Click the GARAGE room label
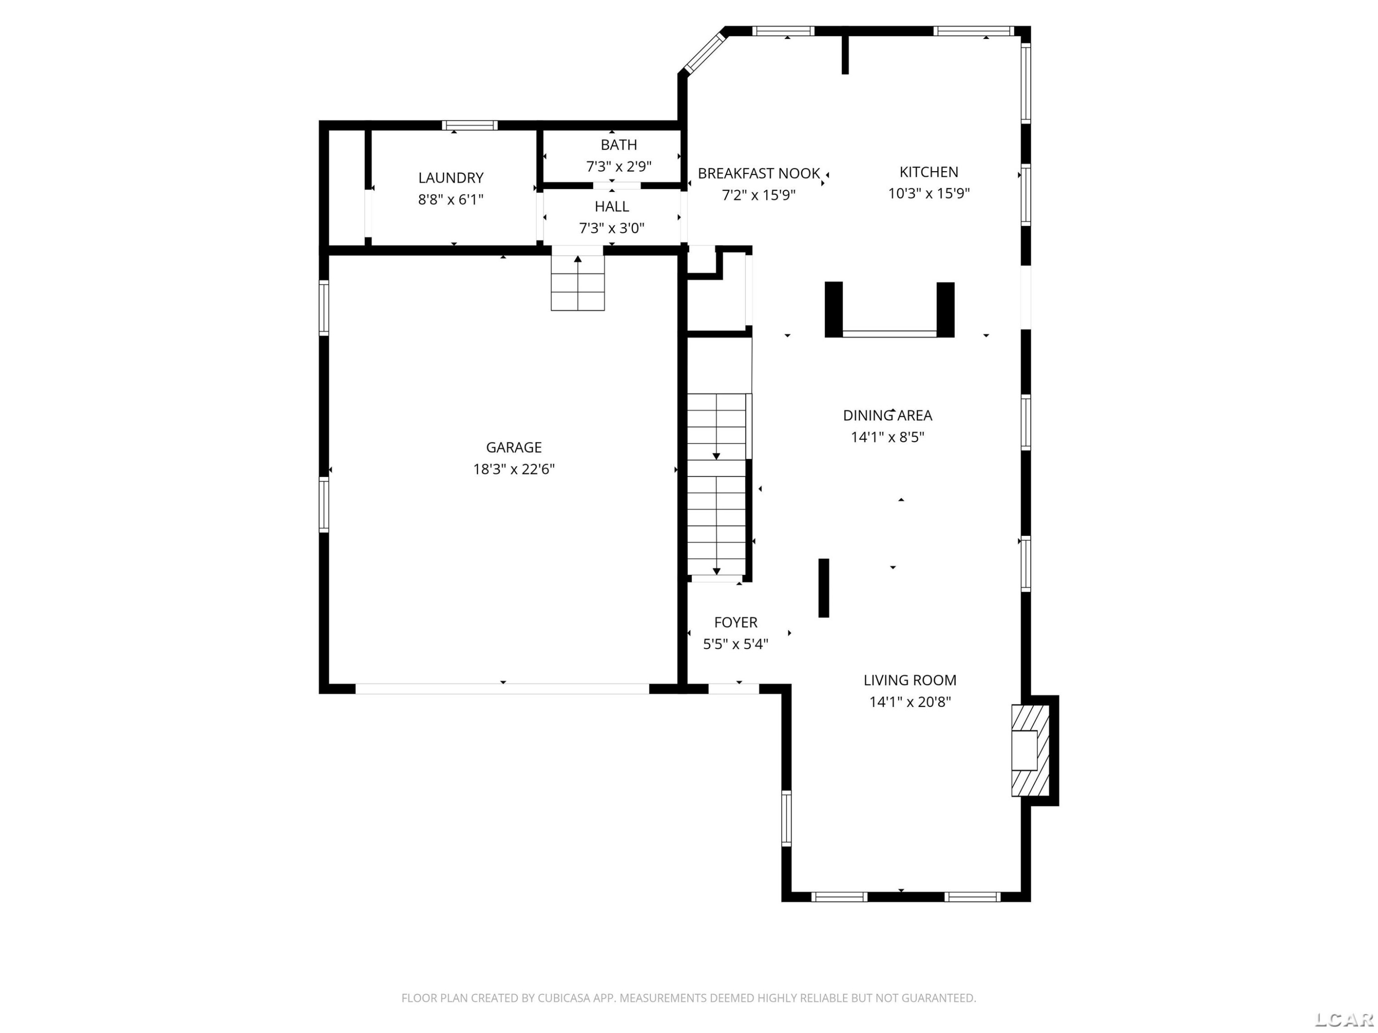[514, 447]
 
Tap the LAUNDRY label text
[451, 178]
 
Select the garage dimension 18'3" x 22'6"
[514, 469]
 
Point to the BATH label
[619, 145]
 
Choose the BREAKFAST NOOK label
[758, 173]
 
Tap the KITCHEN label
[928, 172]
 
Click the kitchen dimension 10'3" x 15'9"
[928, 193]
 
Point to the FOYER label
[736, 622]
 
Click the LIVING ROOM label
[909, 680]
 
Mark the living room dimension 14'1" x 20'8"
[909, 702]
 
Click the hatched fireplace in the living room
[1030, 750]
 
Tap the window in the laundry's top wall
[470, 125]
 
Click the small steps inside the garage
[577, 283]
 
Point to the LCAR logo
[1344, 1019]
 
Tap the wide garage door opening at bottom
[502, 689]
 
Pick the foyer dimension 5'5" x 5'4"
[736, 644]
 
